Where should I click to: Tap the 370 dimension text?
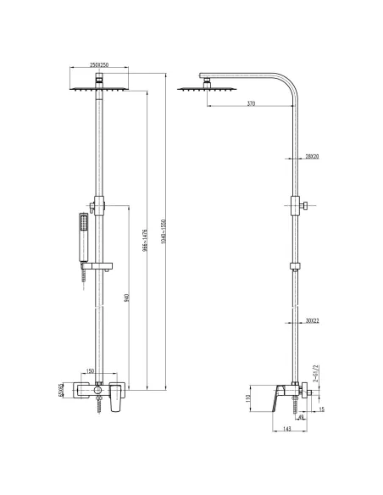(x=252, y=103)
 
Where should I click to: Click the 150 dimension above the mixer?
(x=88, y=370)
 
